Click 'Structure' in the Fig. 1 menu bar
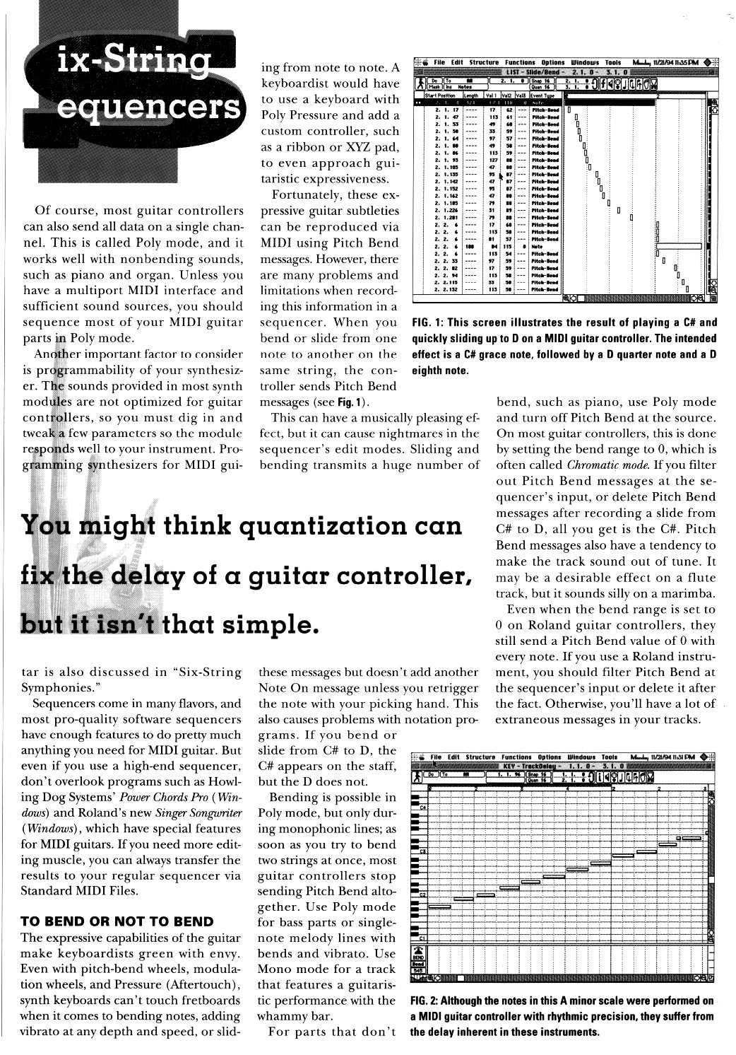[x=484, y=62]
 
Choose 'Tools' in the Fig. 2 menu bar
[x=610, y=757]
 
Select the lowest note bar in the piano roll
[x=439, y=907]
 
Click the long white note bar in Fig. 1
[x=679, y=246]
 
